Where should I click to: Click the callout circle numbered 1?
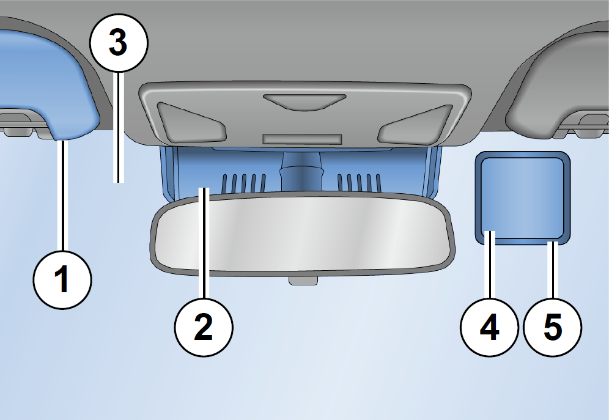click(x=62, y=280)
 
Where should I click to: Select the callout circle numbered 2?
click(x=204, y=327)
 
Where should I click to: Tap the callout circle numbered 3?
click(x=119, y=43)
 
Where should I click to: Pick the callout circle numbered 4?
click(x=490, y=327)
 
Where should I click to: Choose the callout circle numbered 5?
click(x=553, y=327)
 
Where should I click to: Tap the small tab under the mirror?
click(x=303, y=280)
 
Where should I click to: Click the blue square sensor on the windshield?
click(x=523, y=198)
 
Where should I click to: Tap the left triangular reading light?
click(x=191, y=122)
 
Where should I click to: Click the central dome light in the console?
click(x=304, y=102)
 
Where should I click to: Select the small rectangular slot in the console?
click(x=302, y=139)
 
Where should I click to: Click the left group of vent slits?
click(x=243, y=183)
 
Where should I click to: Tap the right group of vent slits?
click(x=360, y=183)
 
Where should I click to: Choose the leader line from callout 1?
click(x=62, y=196)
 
